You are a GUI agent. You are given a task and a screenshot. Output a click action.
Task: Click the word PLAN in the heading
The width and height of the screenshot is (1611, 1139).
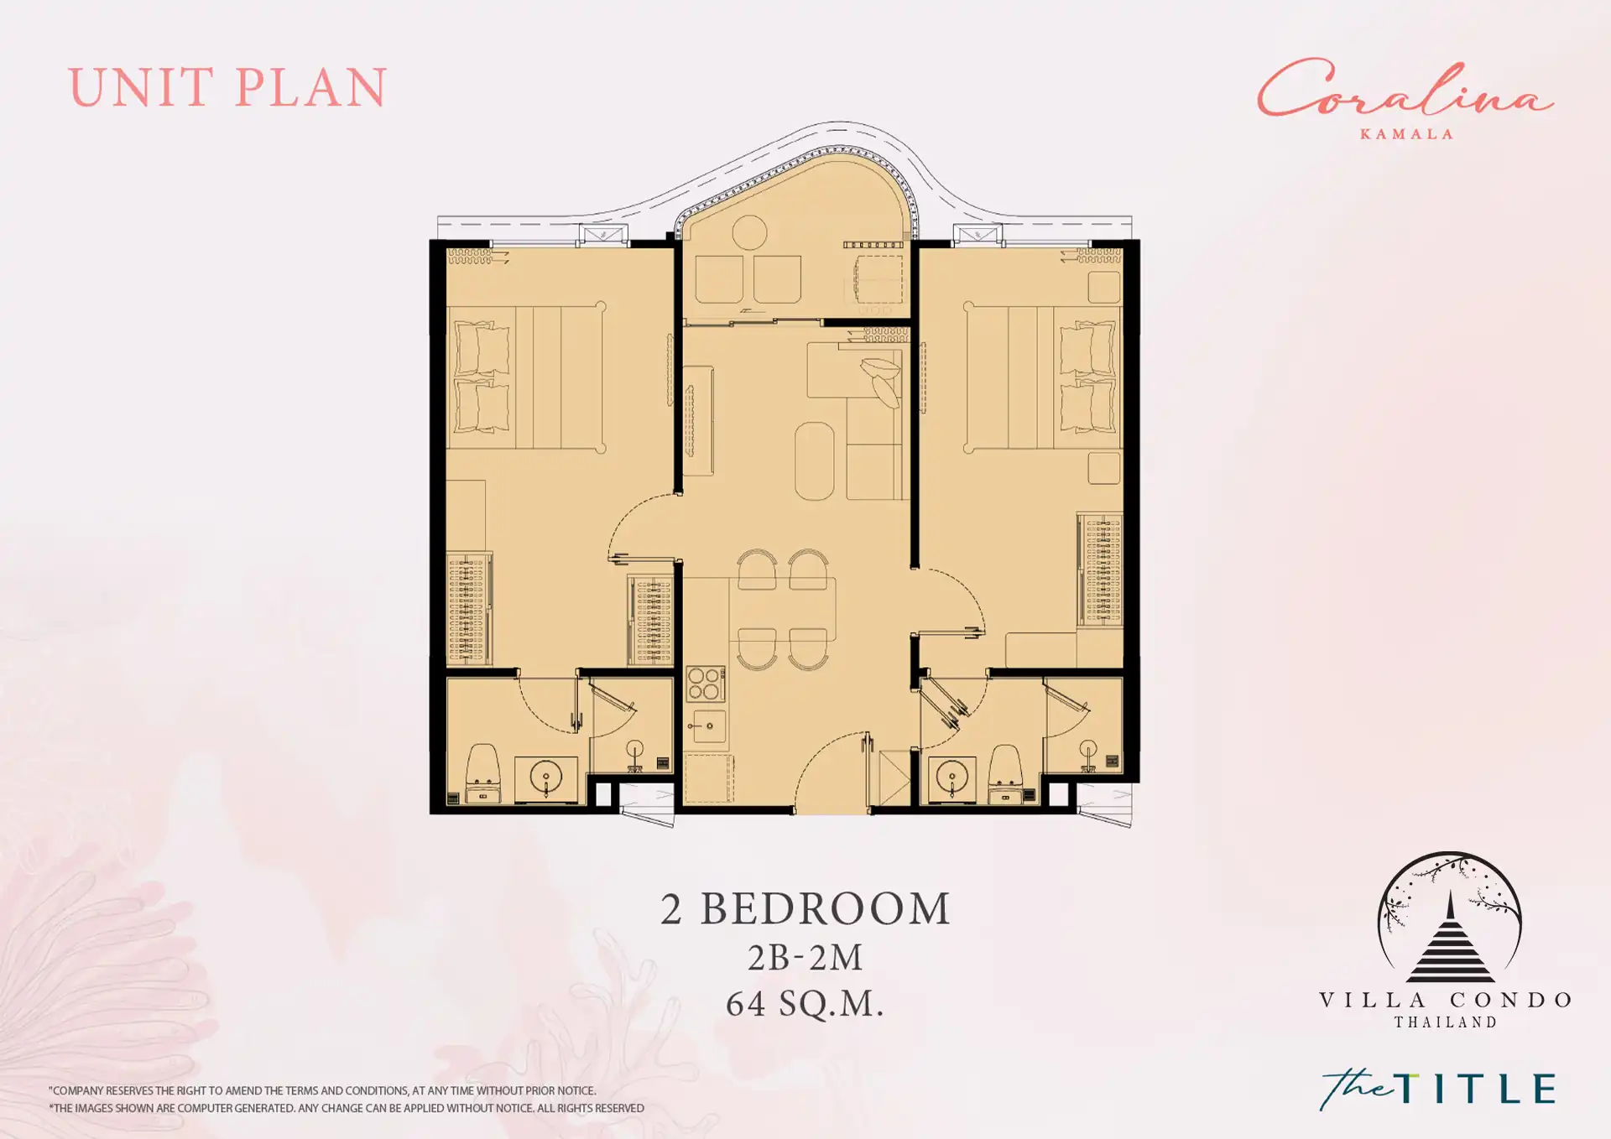pos(310,87)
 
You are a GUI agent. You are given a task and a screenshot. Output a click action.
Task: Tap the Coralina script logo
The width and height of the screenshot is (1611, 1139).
pos(1405,89)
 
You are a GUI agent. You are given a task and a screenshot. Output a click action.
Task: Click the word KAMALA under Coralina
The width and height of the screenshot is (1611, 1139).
pos(1406,134)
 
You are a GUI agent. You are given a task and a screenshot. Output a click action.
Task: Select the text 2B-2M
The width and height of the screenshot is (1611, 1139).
pos(805,957)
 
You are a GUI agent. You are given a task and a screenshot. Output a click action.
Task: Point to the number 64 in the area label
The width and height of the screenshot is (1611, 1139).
pos(745,1003)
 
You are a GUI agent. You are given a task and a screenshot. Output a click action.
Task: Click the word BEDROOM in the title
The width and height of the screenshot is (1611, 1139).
pos(826,909)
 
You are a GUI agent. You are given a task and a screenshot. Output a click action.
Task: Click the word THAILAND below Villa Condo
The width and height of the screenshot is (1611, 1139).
pos(1446,1022)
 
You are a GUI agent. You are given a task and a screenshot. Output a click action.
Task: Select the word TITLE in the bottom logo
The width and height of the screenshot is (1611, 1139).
pos(1475,1089)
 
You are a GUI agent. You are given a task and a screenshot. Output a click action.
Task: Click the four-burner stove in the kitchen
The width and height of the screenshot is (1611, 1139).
pos(705,684)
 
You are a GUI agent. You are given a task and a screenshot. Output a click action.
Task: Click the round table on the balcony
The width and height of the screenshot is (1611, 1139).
pos(749,232)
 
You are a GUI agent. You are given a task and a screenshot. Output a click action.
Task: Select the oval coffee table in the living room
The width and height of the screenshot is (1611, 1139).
pos(814,461)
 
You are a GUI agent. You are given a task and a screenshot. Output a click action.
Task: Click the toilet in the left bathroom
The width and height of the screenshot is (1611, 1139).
pos(482,773)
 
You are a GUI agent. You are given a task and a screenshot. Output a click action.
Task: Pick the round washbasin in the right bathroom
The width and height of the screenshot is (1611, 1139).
pos(951,779)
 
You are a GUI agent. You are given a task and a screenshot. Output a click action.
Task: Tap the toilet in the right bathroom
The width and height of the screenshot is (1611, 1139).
pos(1004,773)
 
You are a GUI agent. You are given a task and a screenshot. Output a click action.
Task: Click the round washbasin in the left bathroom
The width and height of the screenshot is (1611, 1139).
pos(546,779)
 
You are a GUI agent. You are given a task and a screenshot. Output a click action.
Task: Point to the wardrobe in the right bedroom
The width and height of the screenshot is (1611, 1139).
pos(1100,569)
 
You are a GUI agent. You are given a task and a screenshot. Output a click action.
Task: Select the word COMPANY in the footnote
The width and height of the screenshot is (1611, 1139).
pos(77,1091)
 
